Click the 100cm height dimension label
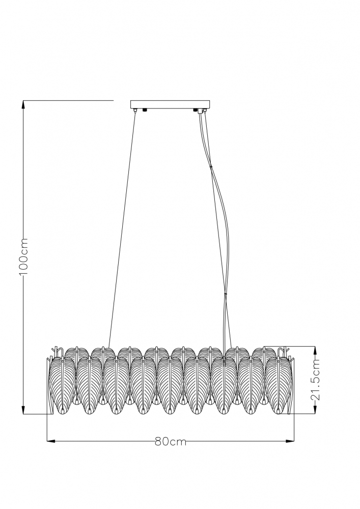24,257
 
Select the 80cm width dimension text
171,441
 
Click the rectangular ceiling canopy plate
171,104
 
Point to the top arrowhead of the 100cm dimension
23,105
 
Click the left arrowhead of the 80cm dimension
51,441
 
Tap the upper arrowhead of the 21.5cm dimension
314,351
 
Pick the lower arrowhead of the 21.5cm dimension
314,410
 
